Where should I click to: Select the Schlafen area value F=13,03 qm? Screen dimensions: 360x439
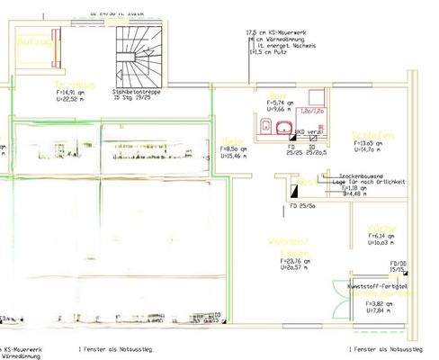pos(369,143)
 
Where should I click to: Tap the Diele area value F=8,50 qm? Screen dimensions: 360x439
pos(235,148)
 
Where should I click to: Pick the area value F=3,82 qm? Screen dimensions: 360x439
pos(380,304)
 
